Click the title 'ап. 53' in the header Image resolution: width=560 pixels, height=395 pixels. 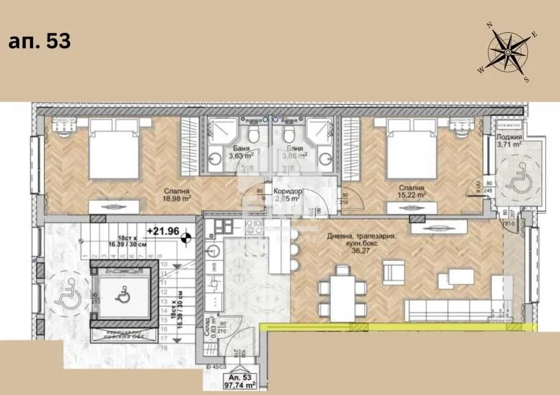point(39,41)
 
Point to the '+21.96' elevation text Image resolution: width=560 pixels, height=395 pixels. point(162,230)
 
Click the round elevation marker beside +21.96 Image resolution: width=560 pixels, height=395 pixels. point(186,238)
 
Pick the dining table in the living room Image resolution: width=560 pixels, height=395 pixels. point(343,297)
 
